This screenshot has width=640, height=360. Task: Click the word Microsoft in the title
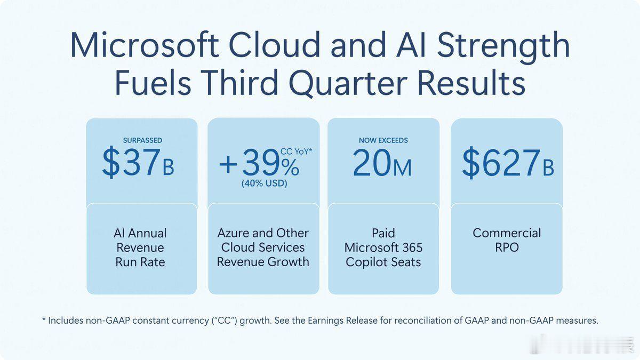point(145,45)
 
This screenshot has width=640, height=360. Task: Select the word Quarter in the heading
point(348,82)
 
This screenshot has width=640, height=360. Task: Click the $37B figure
point(138,162)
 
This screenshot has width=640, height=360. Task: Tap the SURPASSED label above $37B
point(142,140)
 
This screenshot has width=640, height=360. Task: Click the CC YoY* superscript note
point(297,151)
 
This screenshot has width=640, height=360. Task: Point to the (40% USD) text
point(265,183)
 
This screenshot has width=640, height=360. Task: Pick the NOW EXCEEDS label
point(383,140)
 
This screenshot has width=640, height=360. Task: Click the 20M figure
point(382,163)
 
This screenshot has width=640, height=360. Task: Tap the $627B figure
point(508,162)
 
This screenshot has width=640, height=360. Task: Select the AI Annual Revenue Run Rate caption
point(140,247)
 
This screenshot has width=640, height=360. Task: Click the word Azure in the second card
point(233,233)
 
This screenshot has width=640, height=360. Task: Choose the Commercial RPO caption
point(507,240)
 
